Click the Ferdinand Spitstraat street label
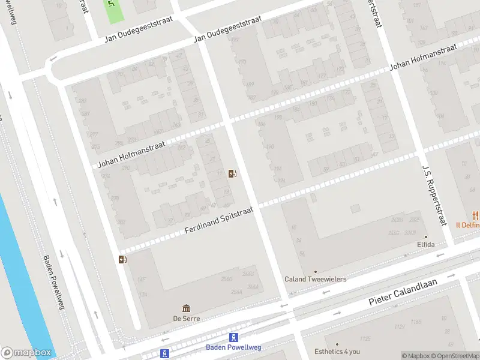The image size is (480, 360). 219,221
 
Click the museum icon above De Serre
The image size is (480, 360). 186,308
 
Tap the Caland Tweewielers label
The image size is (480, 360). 315,279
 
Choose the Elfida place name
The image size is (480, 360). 425,245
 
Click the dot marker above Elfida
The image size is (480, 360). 425,236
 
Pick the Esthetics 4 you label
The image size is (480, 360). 337,352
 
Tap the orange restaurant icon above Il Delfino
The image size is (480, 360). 475,215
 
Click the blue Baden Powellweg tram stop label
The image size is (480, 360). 234,347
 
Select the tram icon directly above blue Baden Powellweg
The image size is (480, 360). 234,338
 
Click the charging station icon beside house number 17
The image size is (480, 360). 232,174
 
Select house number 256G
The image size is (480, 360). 227,279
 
